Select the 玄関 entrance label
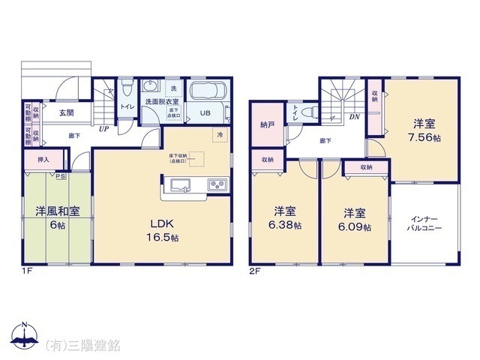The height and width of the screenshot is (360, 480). pyautogui.click(x=66, y=112)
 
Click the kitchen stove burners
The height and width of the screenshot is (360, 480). pyautogui.click(x=217, y=184)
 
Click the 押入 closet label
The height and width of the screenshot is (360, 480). pyautogui.click(x=43, y=159)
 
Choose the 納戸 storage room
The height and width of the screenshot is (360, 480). pyautogui.click(x=268, y=124)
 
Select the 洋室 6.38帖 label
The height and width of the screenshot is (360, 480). pyautogui.click(x=283, y=217)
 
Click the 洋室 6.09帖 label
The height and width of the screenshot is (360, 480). pyautogui.click(x=356, y=217)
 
